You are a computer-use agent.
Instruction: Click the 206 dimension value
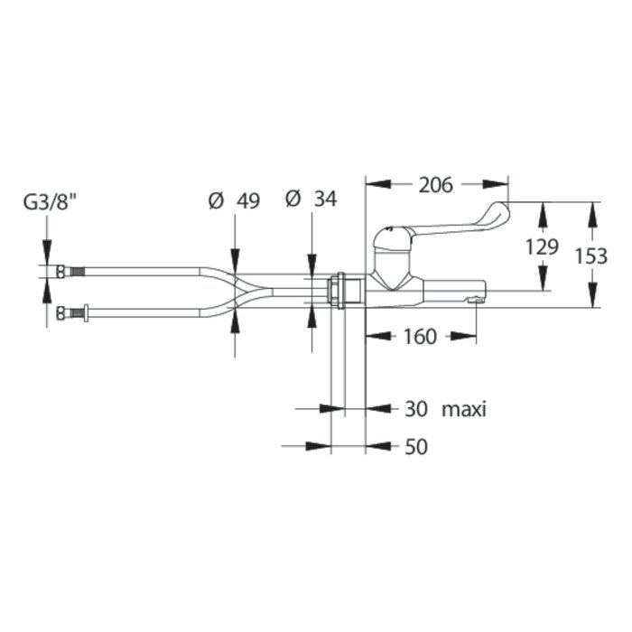click(436, 185)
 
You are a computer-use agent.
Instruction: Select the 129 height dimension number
click(542, 246)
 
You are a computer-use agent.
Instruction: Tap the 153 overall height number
click(590, 256)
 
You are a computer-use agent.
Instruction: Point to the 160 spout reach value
click(420, 337)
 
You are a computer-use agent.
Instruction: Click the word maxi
click(464, 410)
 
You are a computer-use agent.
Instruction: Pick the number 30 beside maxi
click(416, 409)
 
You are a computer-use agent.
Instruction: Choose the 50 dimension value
click(416, 447)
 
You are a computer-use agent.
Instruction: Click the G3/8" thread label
click(51, 202)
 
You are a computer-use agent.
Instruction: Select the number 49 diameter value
click(248, 201)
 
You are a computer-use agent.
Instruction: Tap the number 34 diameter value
click(325, 199)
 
